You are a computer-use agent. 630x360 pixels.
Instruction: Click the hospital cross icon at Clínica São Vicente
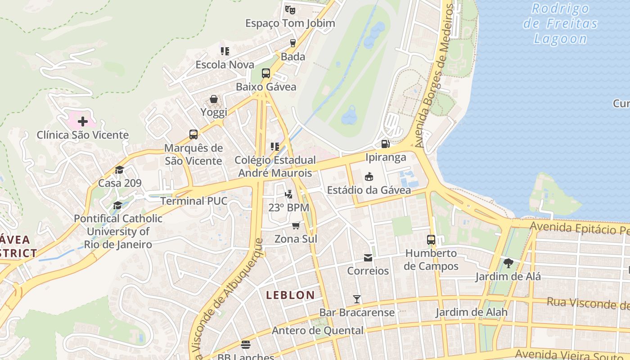(83, 121)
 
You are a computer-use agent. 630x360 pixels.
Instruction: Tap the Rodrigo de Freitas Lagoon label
(560, 23)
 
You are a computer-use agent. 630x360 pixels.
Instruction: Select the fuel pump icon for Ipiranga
(385, 144)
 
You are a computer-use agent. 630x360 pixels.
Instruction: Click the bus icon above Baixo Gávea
(266, 73)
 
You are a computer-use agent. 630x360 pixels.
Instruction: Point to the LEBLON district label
(290, 295)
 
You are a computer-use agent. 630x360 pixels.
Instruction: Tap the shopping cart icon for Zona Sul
(296, 225)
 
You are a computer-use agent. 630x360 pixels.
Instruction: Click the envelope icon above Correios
(368, 258)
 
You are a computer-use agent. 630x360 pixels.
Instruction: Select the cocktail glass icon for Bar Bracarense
(357, 299)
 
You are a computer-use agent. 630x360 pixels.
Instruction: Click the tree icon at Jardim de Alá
(508, 263)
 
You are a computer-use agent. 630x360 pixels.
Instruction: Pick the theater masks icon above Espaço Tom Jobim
(290, 9)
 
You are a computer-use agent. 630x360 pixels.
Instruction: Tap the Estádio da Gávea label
(369, 190)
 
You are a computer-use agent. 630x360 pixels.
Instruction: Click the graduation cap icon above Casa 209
(119, 170)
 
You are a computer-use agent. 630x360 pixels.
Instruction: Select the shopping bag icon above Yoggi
(214, 99)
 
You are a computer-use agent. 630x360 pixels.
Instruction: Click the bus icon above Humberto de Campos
(431, 239)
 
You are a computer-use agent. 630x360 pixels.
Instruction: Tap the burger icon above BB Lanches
(246, 345)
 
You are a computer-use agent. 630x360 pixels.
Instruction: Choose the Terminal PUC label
(193, 201)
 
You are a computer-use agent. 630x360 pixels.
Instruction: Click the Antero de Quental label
(317, 331)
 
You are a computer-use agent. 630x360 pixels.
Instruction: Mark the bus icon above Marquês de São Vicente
(193, 135)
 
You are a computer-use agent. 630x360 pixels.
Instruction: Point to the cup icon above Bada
(293, 43)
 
